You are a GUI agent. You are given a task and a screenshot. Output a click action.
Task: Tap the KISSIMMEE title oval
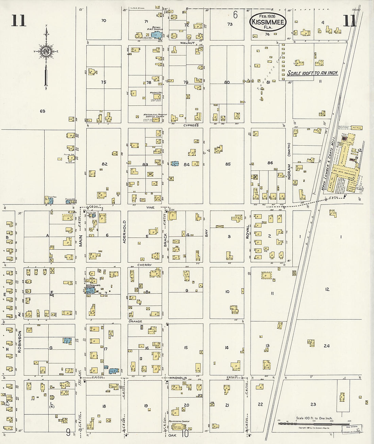tap(268, 22)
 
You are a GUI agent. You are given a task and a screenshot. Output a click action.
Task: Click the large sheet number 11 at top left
tap(18, 20)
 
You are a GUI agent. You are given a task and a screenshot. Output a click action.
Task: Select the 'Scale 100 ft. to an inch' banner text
tap(312, 73)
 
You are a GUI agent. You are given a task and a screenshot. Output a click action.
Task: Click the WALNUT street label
tap(187, 43)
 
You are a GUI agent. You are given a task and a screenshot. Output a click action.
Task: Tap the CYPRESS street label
tap(190, 125)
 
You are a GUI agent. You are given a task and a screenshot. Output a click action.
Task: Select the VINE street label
tap(150, 207)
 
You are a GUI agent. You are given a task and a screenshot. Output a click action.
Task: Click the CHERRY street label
tap(144, 264)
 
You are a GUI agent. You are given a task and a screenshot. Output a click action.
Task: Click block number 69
tap(42, 111)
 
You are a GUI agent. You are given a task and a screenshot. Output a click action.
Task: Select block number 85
tap(228, 164)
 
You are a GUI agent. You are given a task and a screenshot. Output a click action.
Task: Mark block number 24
tap(326, 346)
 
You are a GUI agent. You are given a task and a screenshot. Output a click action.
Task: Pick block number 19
tap(146, 406)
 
